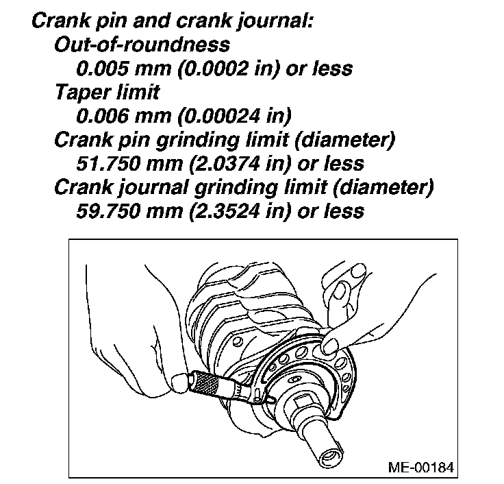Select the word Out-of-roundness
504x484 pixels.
pyautogui.click(x=142, y=45)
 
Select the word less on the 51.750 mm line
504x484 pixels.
pyautogui.click(x=342, y=163)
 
